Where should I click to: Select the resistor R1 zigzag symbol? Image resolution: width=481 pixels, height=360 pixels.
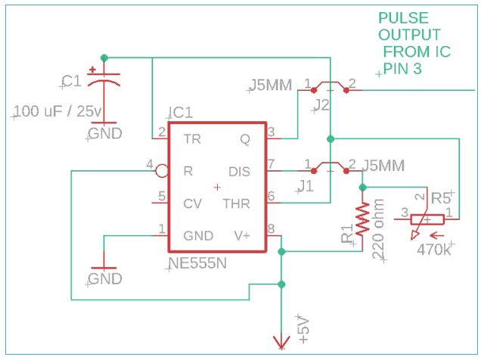(x=363, y=218)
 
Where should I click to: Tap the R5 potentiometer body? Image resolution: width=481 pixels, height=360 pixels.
(x=428, y=220)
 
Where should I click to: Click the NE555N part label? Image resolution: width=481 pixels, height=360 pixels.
(x=199, y=264)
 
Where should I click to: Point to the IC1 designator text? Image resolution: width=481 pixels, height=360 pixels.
(x=180, y=113)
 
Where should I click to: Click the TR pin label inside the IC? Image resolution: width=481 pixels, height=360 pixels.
(x=191, y=139)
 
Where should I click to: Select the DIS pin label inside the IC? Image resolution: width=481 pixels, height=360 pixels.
(x=239, y=171)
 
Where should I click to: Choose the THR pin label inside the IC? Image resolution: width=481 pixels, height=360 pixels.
(x=236, y=203)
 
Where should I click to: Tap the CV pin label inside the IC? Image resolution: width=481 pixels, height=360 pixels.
(x=192, y=203)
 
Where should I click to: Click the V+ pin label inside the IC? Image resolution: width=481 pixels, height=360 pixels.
(x=242, y=235)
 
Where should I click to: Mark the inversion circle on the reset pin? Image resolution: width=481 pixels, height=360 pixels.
(x=161, y=171)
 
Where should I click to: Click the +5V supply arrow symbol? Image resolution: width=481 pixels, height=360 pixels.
(x=281, y=344)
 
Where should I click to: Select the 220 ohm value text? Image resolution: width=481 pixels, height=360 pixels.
(x=378, y=229)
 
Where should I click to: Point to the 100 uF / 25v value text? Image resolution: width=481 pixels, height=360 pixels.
(x=57, y=112)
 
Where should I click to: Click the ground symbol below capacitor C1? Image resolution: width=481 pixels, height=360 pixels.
(x=104, y=133)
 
